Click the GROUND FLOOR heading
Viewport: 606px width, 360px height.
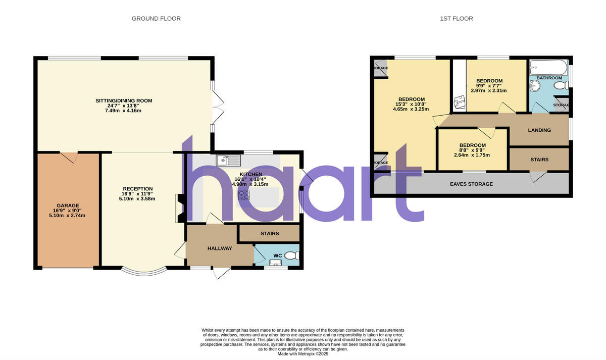pyautogui.click(x=156, y=19)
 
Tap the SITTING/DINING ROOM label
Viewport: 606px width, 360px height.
pyautogui.click(x=124, y=101)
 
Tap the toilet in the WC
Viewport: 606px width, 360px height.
pyautogui.click(x=291, y=256)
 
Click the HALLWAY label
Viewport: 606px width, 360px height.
pyautogui.click(x=220, y=248)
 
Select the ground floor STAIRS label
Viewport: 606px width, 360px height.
pyautogui.click(x=269, y=234)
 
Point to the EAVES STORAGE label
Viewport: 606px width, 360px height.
pyautogui.click(x=471, y=184)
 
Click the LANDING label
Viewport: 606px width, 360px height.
pyautogui.click(x=539, y=130)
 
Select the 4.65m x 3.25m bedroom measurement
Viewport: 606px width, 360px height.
pyautogui.click(x=412, y=109)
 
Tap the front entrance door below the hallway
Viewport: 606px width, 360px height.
pyautogui.click(x=221, y=272)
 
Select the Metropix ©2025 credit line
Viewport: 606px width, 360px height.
pyautogui.click(x=302, y=354)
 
